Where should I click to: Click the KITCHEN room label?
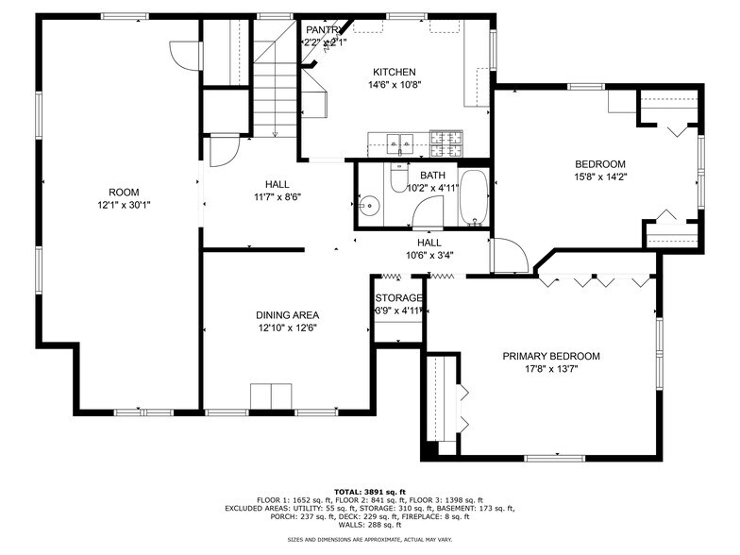pyautogui.click(x=395, y=72)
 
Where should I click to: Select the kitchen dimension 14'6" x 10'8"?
pyautogui.click(x=395, y=84)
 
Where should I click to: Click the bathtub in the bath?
pyautogui.click(x=474, y=198)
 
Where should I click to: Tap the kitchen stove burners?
pyautogui.click(x=448, y=143)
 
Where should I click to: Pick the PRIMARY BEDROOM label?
pyautogui.click(x=551, y=356)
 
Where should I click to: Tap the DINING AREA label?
pyautogui.click(x=287, y=315)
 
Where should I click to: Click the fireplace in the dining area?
pyautogui.click(x=272, y=397)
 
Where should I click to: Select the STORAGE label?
pyautogui.click(x=398, y=298)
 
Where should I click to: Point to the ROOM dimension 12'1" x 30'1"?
pyautogui.click(x=124, y=205)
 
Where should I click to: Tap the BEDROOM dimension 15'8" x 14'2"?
pyautogui.click(x=600, y=176)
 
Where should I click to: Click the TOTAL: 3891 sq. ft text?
pyautogui.click(x=370, y=492)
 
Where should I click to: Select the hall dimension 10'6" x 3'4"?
pyautogui.click(x=429, y=254)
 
